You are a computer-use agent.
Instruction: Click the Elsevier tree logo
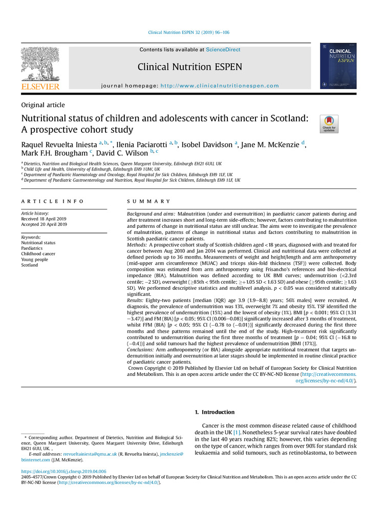click(x=40, y=63)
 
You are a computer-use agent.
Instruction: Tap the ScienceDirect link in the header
click(x=223, y=50)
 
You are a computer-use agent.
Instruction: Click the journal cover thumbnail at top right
click(x=338, y=66)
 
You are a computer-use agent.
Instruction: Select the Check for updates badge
click(x=329, y=124)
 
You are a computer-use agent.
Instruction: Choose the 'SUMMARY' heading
click(x=148, y=202)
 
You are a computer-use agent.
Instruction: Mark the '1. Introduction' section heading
click(x=215, y=412)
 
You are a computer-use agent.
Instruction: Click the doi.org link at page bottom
click(x=63, y=471)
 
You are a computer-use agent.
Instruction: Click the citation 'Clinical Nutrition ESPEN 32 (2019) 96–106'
click(x=188, y=33)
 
